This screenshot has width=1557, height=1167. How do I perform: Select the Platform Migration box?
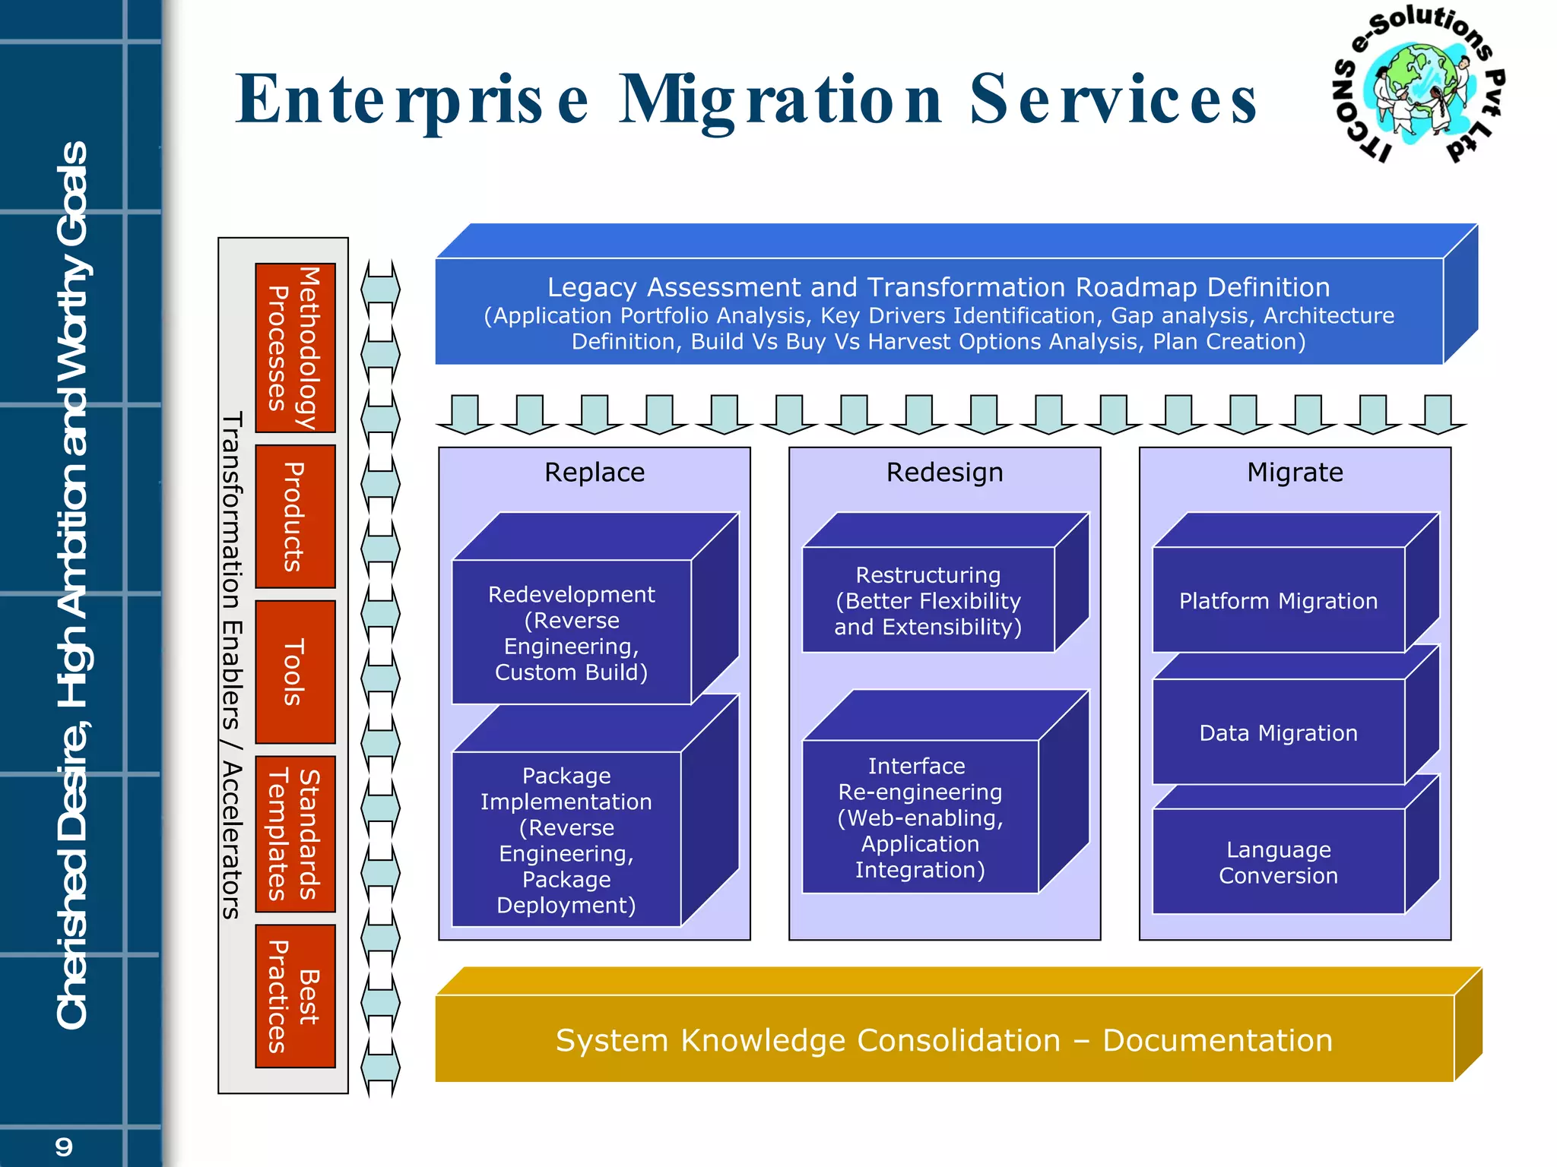[1278, 600]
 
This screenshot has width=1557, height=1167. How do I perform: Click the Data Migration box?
[1278, 732]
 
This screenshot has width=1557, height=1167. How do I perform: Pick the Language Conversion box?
[1278, 862]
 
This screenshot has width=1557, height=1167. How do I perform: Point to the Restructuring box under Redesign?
[928, 600]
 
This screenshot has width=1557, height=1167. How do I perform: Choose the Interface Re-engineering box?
[920, 817]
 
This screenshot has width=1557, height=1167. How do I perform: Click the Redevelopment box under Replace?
[572, 632]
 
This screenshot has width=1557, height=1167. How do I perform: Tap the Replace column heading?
[595, 473]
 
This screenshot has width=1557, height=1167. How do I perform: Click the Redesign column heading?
[944, 473]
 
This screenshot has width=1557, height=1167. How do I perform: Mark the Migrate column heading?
[1295, 473]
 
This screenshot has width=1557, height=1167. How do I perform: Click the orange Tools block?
[295, 672]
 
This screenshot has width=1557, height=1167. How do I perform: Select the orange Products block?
[295, 517]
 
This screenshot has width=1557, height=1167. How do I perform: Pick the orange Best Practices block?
[295, 996]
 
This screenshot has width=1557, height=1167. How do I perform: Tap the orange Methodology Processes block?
[295, 348]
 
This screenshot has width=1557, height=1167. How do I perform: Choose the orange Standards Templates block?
[295, 833]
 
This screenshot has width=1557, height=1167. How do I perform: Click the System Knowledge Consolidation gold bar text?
[943, 1040]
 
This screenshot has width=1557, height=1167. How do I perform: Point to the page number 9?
[64, 1146]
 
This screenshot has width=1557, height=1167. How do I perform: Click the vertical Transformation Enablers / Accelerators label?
[232, 666]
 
